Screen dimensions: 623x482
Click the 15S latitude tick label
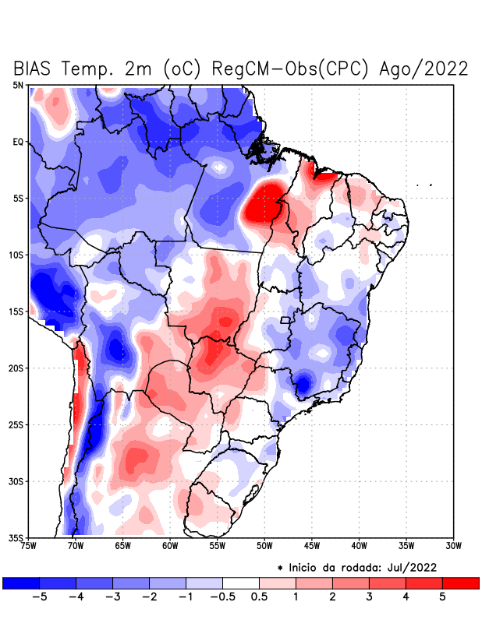tap(16, 311)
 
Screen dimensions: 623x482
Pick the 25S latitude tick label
tap(16, 424)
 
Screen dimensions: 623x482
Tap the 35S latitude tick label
tap(16, 537)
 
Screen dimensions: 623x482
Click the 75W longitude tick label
tap(30, 545)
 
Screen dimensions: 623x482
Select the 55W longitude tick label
tap(218, 545)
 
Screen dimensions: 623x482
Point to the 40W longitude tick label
tap(359, 545)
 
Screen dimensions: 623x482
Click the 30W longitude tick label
tap(453, 545)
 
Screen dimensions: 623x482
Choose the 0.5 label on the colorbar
tap(260, 598)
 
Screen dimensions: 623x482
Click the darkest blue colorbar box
tap(21, 583)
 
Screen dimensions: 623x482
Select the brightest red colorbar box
tap(460, 583)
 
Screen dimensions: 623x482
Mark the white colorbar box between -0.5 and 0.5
tap(241, 583)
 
